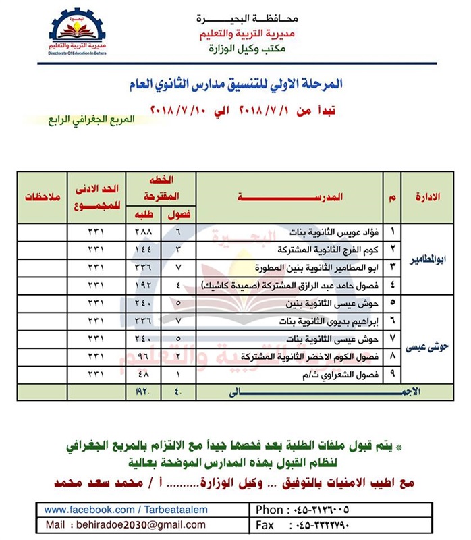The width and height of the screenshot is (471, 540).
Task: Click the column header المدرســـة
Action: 290,196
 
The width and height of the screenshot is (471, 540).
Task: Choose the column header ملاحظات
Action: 43,196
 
